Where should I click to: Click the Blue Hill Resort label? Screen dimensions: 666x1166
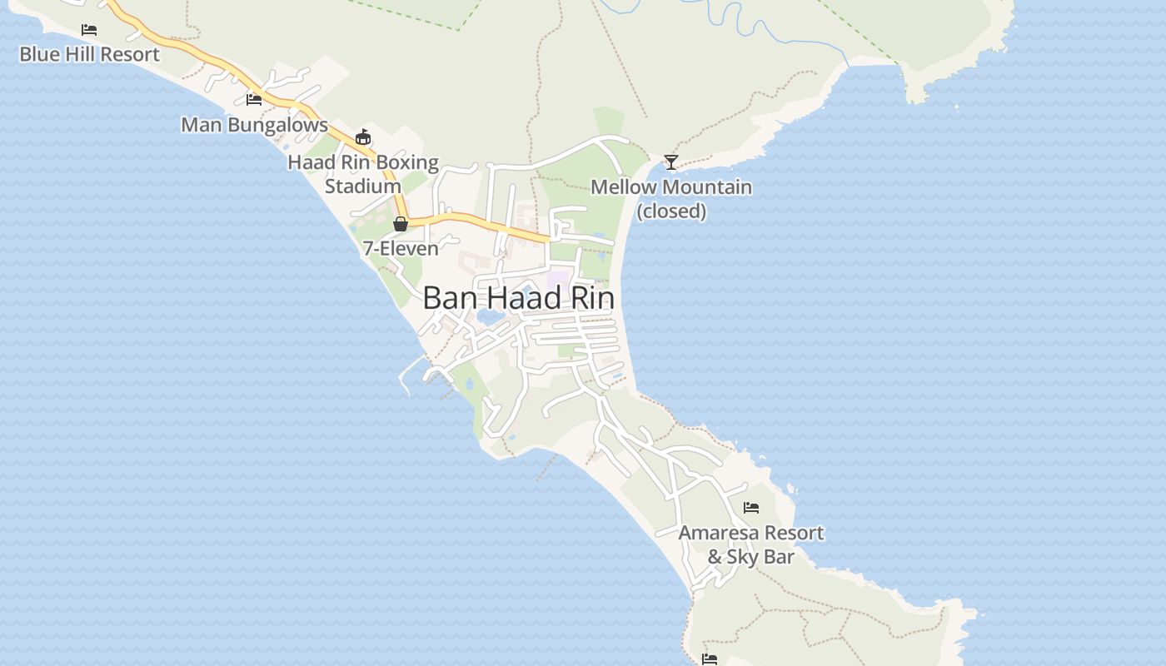point(89,55)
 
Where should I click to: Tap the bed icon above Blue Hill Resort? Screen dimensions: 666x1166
point(89,30)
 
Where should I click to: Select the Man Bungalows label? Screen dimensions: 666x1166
point(254,125)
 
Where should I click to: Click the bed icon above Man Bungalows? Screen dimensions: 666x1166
point(254,100)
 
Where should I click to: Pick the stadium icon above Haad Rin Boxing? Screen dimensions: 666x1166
point(363,137)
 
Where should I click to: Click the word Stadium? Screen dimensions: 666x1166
point(363,186)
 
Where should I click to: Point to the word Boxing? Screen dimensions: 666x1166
point(407,162)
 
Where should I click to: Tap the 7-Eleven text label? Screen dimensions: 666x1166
point(401,248)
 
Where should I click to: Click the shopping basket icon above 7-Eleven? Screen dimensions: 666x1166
point(401,224)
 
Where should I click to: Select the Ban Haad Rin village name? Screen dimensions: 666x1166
point(518,298)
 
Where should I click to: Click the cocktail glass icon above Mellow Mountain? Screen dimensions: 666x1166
point(671,162)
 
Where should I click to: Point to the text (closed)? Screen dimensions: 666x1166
point(671,211)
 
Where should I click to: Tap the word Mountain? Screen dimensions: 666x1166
point(705,187)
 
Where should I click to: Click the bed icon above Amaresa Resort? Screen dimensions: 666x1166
point(751,508)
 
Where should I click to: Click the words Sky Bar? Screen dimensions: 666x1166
point(761,557)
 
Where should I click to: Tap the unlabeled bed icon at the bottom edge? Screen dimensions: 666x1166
point(710,659)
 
